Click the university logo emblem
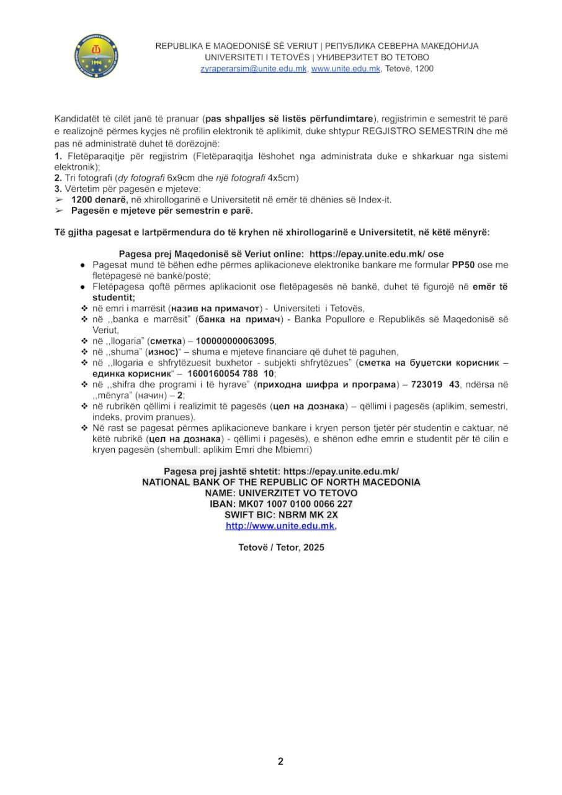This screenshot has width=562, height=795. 96,56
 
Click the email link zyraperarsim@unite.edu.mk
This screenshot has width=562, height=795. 253,69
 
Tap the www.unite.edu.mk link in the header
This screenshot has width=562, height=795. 346,69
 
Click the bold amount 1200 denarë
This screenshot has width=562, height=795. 100,199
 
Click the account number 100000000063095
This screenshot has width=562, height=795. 235,341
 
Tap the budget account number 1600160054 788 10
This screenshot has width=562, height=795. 230,373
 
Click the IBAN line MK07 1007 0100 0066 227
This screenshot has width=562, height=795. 281,504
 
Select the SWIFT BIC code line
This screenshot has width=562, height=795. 281,515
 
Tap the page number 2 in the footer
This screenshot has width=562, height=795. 280,761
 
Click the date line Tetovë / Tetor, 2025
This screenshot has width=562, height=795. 281,548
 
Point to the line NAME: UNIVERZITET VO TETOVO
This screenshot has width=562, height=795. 281,493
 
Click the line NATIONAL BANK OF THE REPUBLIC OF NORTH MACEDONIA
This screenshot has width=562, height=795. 281,483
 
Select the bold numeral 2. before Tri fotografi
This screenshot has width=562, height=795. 58,178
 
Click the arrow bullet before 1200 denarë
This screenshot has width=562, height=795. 59,199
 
